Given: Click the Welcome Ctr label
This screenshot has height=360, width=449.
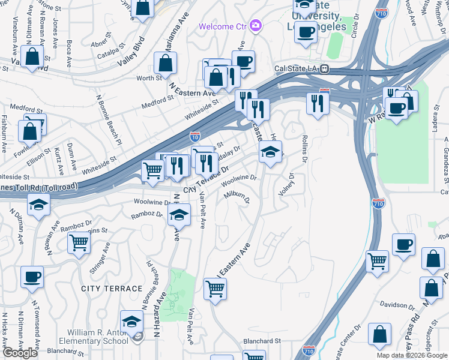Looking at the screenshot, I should coord(224,26).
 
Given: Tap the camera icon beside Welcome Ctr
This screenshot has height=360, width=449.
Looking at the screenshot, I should coord(256,25).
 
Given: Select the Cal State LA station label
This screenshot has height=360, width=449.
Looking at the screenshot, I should coord(296,68).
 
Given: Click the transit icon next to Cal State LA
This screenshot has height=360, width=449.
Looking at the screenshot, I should coord(324,68).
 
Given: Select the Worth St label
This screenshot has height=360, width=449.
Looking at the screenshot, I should coord(150,78).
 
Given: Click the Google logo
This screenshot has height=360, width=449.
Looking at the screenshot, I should coord(20,353).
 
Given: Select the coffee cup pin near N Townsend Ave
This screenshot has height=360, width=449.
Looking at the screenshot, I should coord(32,277).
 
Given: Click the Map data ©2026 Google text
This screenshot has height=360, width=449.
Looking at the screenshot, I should coord(412,355).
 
